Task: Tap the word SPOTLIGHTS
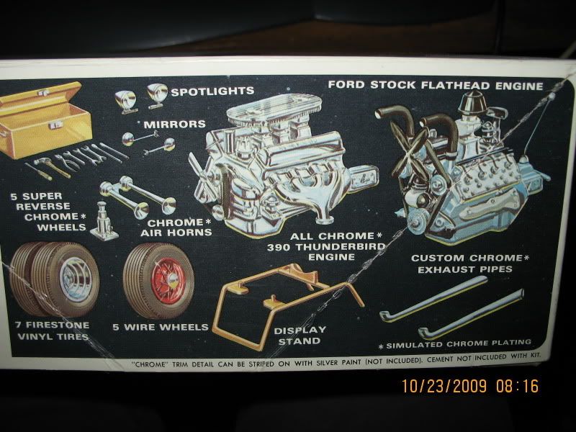[212, 91]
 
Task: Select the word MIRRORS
[174, 124]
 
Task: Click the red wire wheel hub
[168, 281]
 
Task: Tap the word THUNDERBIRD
[346, 246]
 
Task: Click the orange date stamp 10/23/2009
[444, 386]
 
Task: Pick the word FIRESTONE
[58, 325]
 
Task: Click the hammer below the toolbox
[51, 168]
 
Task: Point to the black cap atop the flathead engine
[472, 102]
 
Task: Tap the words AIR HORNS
[176, 233]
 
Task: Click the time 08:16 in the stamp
[517, 386]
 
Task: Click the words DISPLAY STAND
[300, 336]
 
